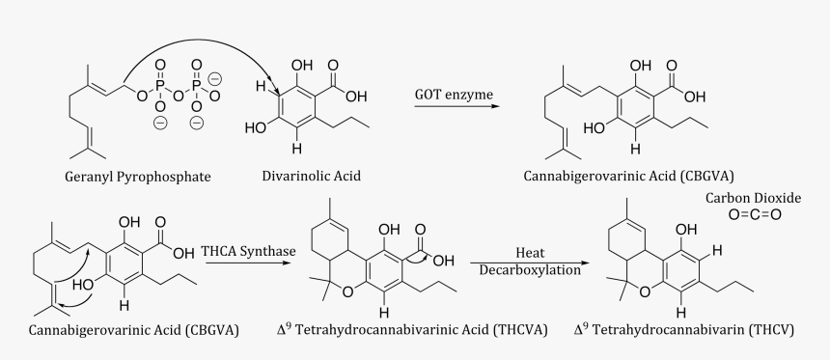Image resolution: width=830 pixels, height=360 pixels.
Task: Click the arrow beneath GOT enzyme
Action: pyautogui.click(x=457, y=106)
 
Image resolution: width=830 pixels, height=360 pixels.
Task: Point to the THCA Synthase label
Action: pyautogui.click(x=248, y=251)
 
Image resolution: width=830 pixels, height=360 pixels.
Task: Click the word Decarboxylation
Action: pyautogui.click(x=531, y=270)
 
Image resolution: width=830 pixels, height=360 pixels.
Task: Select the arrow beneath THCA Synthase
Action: pyautogui.click(x=248, y=263)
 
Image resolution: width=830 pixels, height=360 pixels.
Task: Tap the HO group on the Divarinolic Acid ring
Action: pyautogui.click(x=256, y=126)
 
